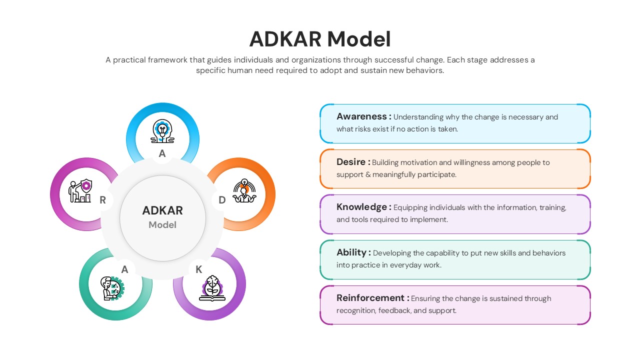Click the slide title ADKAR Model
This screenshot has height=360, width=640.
(x=320, y=39)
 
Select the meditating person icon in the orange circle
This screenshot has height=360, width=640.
(x=244, y=191)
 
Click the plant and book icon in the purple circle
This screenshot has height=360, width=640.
(x=212, y=288)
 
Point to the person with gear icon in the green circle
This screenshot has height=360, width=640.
(x=112, y=288)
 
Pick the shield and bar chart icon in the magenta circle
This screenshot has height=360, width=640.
(x=80, y=191)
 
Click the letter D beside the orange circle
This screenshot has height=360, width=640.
(x=222, y=200)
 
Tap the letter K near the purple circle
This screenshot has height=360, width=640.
(x=198, y=269)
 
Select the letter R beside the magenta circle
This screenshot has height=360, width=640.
(x=102, y=200)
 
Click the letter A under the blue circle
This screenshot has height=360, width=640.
(x=162, y=154)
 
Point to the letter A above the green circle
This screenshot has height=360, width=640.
(x=124, y=269)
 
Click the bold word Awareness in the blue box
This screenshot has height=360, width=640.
(x=361, y=116)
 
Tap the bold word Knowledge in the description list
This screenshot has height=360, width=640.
(x=361, y=207)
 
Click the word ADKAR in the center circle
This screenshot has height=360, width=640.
(x=162, y=210)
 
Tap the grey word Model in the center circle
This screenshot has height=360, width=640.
(x=162, y=225)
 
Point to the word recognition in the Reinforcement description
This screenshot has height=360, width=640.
(x=356, y=310)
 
